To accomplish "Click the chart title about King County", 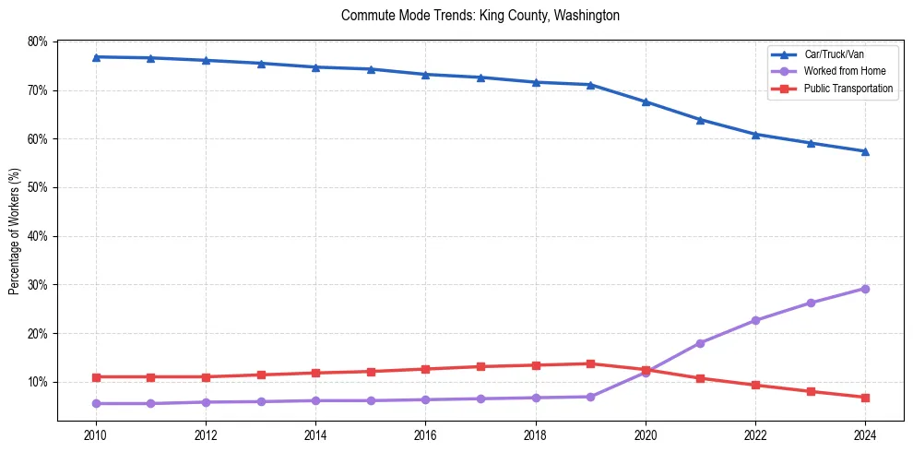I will pyautogui.click(x=480, y=16).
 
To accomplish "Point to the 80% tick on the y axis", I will pyautogui.click(x=38, y=42).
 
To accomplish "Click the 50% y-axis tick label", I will pyautogui.click(x=38, y=187).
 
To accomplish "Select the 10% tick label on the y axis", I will pyautogui.click(x=38, y=382).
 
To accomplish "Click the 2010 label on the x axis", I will pyautogui.click(x=95, y=434).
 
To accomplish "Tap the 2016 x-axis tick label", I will pyautogui.click(x=425, y=434).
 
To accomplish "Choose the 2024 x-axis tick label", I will pyautogui.click(x=865, y=434).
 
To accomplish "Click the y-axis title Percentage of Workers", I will pyautogui.click(x=15, y=231).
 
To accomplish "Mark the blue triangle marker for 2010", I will pyautogui.click(x=95, y=57).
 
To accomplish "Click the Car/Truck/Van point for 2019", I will pyautogui.click(x=590, y=85).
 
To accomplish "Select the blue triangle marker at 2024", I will pyautogui.click(x=865, y=151).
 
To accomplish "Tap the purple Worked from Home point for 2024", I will pyautogui.click(x=865, y=289).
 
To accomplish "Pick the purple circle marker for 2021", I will pyautogui.click(x=700, y=343).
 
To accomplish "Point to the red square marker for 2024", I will pyautogui.click(x=865, y=398).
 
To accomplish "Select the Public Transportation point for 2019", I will pyautogui.click(x=590, y=363).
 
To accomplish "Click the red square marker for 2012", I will pyautogui.click(x=206, y=377).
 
